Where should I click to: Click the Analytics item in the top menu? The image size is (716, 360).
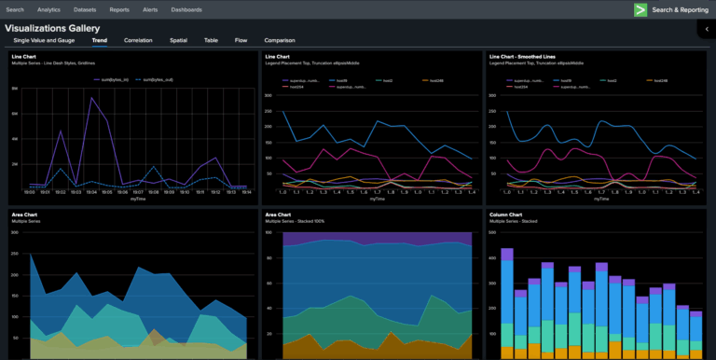[48, 9]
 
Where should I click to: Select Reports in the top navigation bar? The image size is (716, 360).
[119, 9]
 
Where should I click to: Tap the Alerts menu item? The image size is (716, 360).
[150, 9]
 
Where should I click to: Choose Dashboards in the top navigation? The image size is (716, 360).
[186, 9]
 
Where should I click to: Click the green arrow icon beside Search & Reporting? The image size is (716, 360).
[640, 9]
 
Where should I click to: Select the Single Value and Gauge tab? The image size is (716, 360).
[46, 41]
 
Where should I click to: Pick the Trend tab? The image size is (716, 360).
[99, 41]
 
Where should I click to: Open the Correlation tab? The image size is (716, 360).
[138, 41]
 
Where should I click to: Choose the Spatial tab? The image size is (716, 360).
[178, 41]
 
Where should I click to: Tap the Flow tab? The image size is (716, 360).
[241, 41]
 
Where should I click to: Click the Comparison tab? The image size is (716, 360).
[280, 41]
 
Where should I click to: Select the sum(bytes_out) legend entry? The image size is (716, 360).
[156, 80]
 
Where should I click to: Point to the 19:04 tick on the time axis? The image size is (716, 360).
[91, 192]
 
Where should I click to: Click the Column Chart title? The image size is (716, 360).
[505, 214]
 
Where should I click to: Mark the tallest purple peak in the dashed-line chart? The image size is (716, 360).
[91, 97]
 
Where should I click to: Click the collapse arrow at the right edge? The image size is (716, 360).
[707, 30]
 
